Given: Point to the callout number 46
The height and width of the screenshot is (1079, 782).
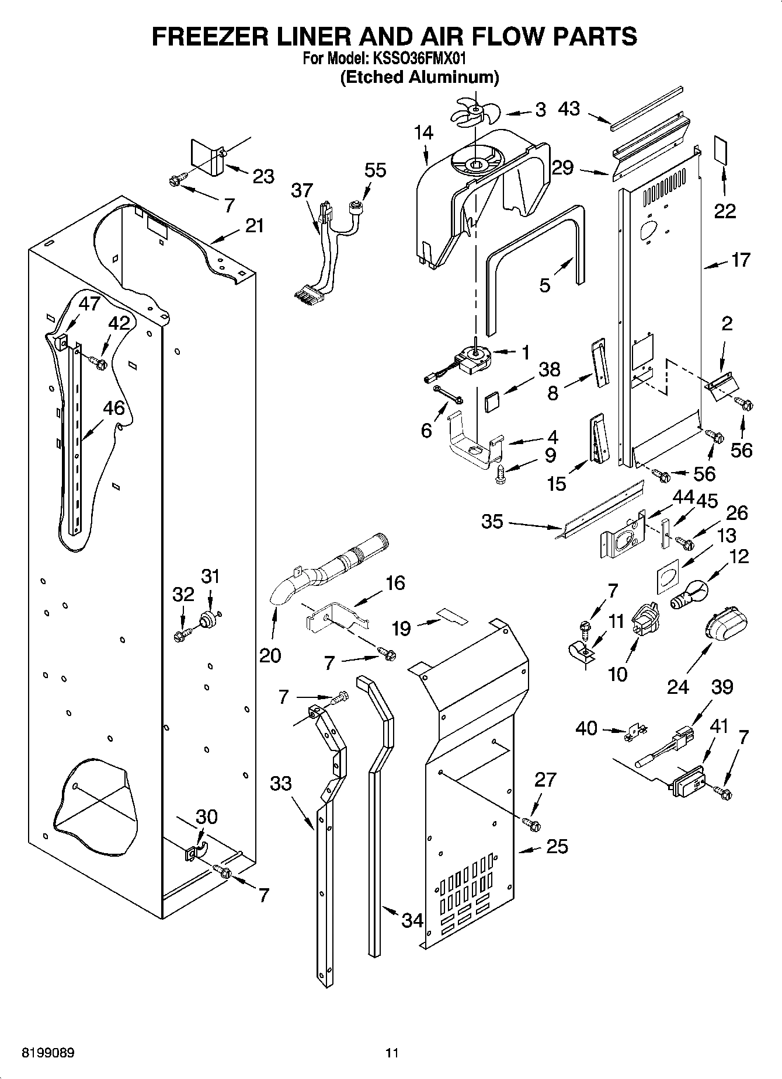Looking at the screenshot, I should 114,408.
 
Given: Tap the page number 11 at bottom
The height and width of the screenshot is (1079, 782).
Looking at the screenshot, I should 392,1053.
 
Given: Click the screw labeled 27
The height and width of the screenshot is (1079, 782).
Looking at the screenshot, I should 532,824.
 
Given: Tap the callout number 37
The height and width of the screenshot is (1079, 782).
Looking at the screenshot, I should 302,190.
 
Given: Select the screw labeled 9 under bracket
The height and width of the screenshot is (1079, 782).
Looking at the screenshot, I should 500,473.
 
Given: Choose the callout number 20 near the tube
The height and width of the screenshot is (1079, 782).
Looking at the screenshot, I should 270,655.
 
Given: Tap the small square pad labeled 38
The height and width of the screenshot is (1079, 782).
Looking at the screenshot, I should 492,402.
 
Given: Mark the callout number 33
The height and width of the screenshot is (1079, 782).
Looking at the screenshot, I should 281,783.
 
